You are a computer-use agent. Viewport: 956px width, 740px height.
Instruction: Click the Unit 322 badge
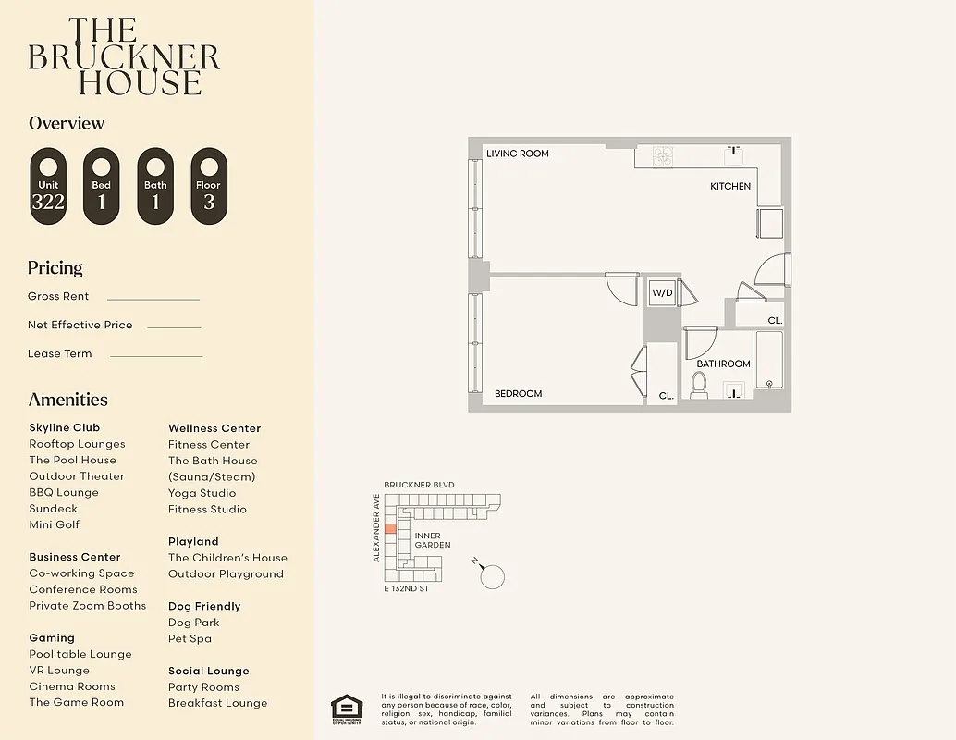click(48, 186)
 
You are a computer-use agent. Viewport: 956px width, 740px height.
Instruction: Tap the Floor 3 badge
click(209, 186)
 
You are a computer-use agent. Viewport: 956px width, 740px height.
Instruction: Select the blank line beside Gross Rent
click(153, 299)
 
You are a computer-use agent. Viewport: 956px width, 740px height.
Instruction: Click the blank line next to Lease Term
click(156, 356)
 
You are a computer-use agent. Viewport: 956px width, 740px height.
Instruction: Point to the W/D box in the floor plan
click(662, 293)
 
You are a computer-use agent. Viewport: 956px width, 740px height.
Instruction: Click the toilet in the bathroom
click(699, 385)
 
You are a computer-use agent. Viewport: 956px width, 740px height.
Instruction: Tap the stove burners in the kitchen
click(663, 156)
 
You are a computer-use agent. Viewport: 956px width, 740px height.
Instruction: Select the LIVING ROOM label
click(518, 154)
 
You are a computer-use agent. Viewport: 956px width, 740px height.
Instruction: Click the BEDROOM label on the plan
click(518, 394)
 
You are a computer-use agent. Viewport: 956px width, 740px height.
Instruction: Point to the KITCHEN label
click(730, 187)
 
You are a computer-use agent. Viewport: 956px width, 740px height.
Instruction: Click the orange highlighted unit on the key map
click(390, 529)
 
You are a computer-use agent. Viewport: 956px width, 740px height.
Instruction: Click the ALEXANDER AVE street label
click(376, 527)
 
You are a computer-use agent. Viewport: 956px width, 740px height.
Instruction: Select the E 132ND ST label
click(407, 588)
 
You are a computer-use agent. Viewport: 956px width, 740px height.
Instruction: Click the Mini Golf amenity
click(55, 524)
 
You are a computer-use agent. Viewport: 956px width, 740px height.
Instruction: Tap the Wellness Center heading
click(214, 428)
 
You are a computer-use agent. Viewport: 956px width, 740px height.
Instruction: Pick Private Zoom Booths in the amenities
click(87, 606)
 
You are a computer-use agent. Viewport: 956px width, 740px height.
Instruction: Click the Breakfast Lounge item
click(217, 703)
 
